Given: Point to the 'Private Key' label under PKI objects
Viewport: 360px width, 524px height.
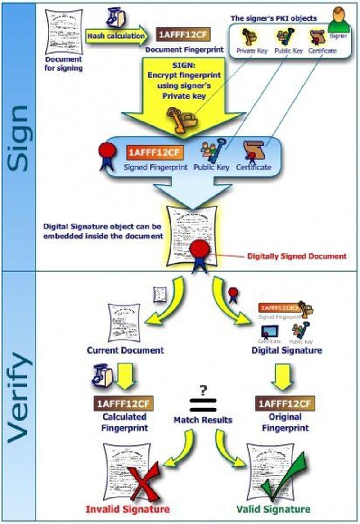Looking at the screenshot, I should pyautogui.click(x=252, y=51).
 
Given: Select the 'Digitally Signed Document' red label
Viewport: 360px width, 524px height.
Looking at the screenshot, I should pyautogui.click(x=297, y=256).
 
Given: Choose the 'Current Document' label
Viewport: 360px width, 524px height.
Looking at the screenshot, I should pyautogui.click(x=126, y=349).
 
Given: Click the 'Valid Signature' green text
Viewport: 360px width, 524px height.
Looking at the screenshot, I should pyautogui.click(x=280, y=509).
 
